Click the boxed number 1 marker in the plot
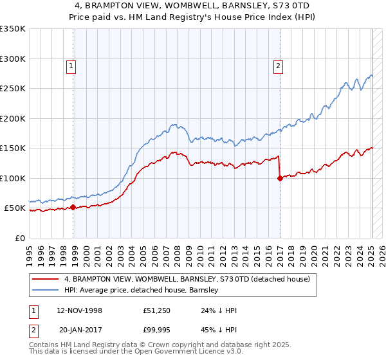pos(70,65)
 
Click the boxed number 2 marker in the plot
pos(278,65)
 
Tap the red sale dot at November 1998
pos(73,208)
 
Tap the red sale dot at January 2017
pos(280,179)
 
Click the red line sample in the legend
pos(46,280)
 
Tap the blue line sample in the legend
pos(46,291)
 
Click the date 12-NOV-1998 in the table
pos(79,310)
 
